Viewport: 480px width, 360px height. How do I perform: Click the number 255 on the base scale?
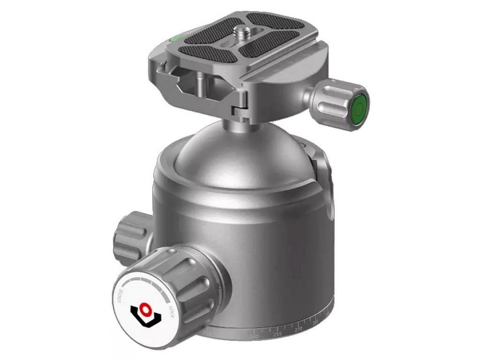277,334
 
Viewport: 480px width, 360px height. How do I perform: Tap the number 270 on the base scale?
298,330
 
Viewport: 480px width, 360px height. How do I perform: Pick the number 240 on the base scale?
255,337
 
